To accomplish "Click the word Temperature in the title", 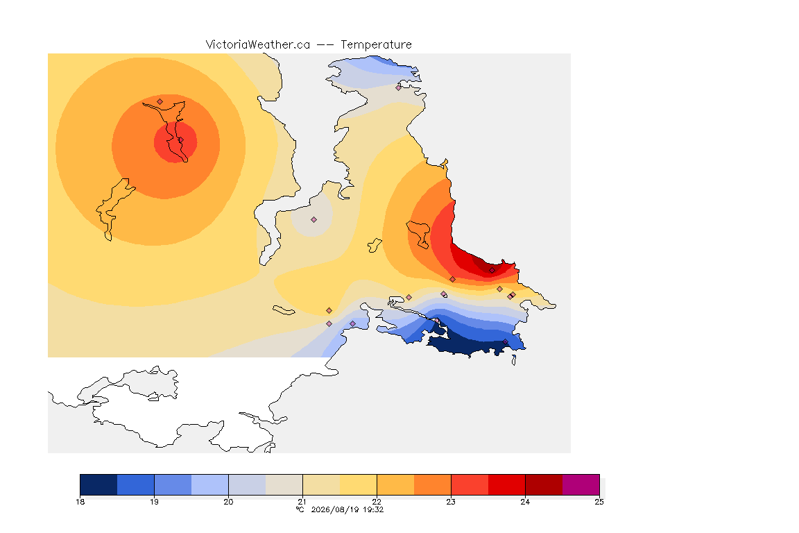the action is point(376,45).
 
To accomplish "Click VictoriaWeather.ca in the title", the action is point(258,45).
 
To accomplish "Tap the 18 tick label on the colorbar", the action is point(80,502).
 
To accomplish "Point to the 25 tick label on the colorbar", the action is point(599,502).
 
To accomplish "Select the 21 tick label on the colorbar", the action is point(302,502).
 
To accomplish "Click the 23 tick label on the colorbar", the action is point(451,502).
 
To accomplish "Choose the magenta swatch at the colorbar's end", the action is point(581,484).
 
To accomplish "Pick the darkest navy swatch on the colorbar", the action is point(98,484).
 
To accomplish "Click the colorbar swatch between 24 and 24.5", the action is point(544,484).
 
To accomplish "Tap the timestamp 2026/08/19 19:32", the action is point(347,509).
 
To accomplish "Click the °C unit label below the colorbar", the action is point(300,509).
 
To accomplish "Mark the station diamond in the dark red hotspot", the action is point(492,271).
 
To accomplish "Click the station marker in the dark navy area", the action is point(505,342).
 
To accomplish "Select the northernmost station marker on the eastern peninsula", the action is point(399,87).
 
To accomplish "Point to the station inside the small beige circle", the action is point(314,220).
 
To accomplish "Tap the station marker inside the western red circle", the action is point(180,139).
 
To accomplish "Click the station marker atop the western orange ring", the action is point(160,102).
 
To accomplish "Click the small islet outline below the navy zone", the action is point(514,360).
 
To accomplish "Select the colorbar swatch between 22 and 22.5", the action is point(395,484).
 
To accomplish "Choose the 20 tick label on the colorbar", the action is point(228,502).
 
